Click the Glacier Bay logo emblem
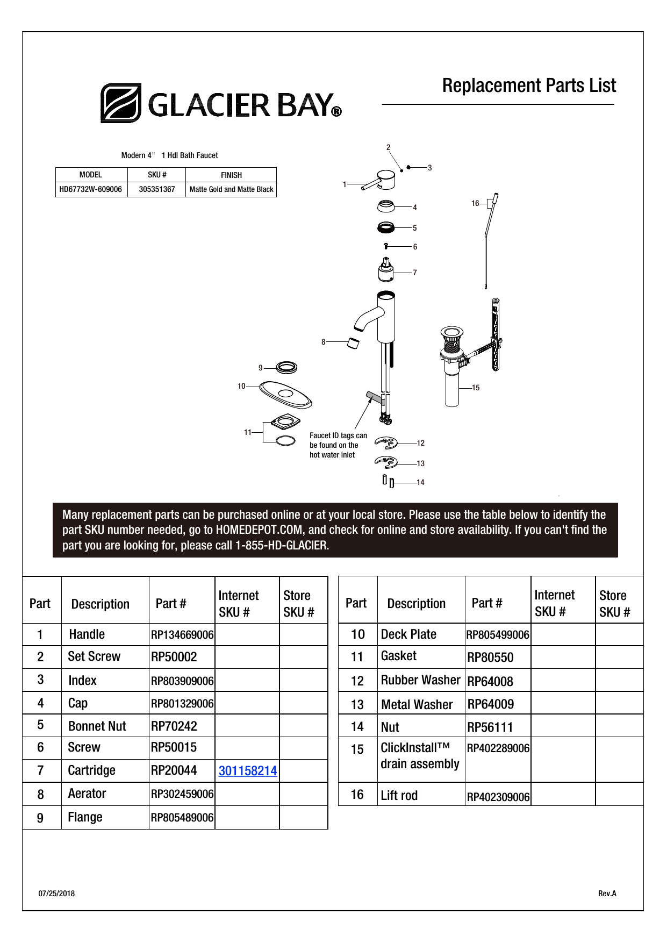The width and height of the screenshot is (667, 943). pos(121,103)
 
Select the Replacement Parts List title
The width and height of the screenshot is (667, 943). pos(529,86)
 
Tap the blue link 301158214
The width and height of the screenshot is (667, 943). pos(247,771)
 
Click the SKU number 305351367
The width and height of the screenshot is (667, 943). pos(157,189)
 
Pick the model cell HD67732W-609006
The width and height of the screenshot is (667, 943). pos(91,189)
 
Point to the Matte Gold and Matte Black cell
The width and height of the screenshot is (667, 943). pos(231,189)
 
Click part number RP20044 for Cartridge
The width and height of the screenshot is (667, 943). pos(174,770)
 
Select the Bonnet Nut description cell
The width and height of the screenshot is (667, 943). pos(97,726)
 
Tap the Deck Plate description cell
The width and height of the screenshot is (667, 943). pos(408,634)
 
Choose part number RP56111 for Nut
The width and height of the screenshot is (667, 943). pos(490,727)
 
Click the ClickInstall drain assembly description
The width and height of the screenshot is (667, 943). pos(420,756)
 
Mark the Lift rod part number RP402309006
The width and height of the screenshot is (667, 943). pos(498,797)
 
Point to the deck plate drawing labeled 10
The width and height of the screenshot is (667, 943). pos(285,395)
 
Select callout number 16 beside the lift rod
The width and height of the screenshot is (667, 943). pos(475,203)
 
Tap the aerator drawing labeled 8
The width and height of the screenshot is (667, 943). pos(353,343)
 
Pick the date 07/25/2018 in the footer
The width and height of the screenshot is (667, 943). pos(56,894)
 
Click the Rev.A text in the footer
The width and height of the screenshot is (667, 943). pos(607,894)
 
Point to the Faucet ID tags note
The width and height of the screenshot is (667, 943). pos(338,445)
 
